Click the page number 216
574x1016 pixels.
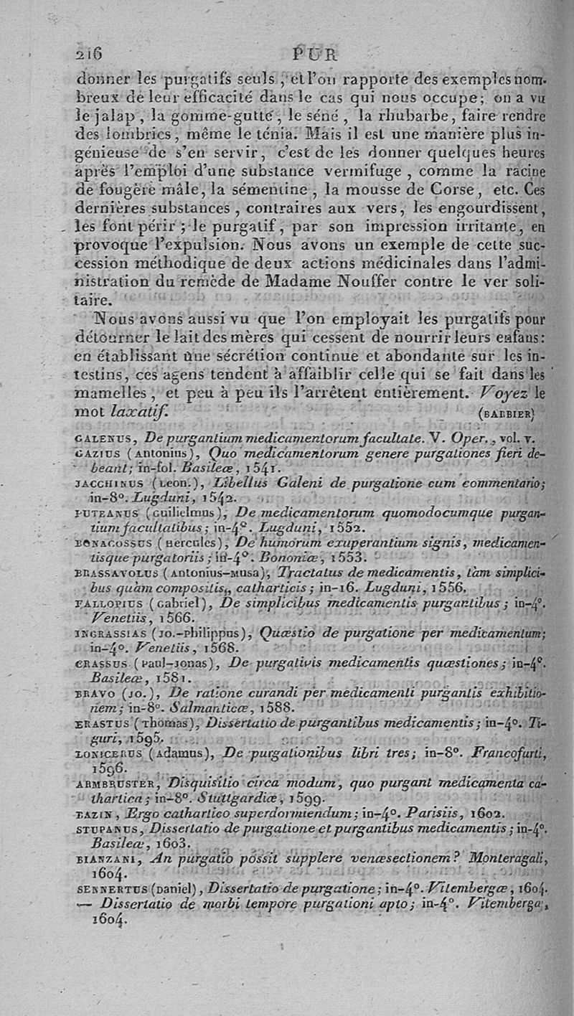pos(89,54)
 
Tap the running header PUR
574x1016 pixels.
pos(315,55)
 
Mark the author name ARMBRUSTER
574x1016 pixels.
pos(108,781)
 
